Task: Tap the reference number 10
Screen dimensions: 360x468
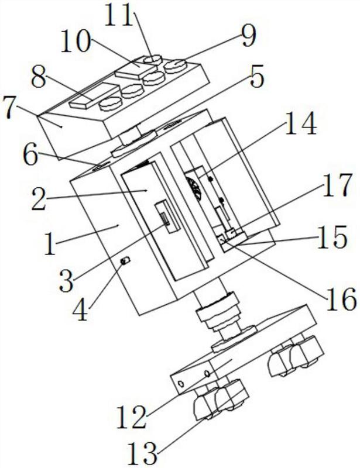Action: pyautogui.click(x=76, y=42)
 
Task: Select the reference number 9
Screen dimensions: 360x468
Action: pyautogui.click(x=249, y=36)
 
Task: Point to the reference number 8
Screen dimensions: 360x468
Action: pyautogui.click(x=39, y=77)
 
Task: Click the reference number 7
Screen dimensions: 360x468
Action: pyautogui.click(x=257, y=77)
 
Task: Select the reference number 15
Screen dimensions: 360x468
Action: pyautogui.click(x=331, y=238)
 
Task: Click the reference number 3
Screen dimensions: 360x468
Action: pyautogui.click(x=66, y=281)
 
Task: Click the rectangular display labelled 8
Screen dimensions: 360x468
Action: pyautogui.click(x=94, y=95)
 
